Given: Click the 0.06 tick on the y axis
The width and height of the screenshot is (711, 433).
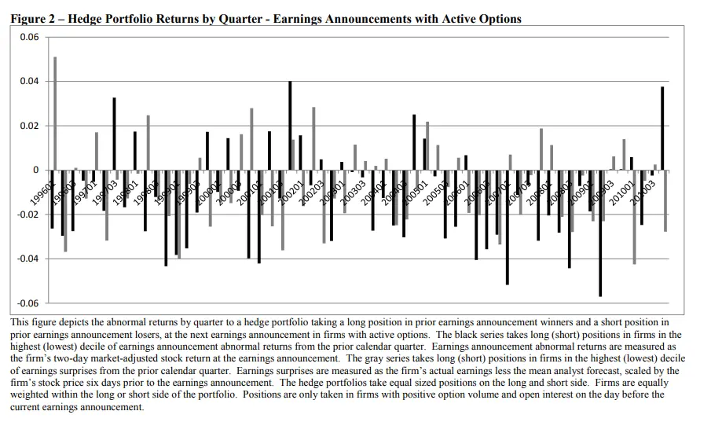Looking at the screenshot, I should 28,37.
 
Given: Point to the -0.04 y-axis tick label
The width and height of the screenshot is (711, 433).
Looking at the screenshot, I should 27,259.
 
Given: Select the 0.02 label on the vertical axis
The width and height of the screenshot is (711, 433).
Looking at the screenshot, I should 28,126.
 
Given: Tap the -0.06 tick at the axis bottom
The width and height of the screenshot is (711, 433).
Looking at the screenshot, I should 27,303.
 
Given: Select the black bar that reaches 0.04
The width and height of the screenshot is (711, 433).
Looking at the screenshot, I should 290,126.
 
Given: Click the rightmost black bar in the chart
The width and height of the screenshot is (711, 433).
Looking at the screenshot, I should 662,128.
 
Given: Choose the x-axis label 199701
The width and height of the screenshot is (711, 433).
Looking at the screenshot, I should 85,190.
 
